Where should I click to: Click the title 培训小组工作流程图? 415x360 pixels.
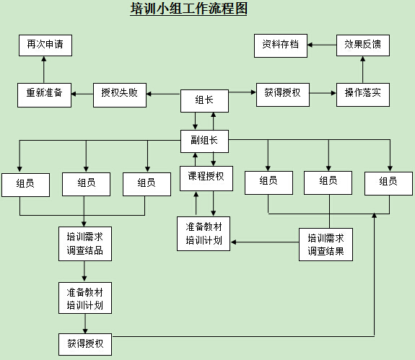pyautogui.click(x=188, y=9)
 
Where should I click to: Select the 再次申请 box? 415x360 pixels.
pyautogui.click(x=45, y=45)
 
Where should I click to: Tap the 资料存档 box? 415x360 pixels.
pyautogui.click(x=281, y=45)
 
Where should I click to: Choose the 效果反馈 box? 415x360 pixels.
pyautogui.click(x=363, y=45)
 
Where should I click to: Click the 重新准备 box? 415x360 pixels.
pyautogui.click(x=44, y=95)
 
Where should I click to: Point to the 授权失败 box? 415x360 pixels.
pyautogui.click(x=120, y=95)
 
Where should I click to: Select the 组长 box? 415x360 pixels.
pyautogui.click(x=204, y=101)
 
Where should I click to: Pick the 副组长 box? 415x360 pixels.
pyautogui.click(x=204, y=141)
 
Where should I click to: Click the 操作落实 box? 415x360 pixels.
pyautogui.click(x=363, y=95)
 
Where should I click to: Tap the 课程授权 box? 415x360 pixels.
pyautogui.click(x=206, y=178)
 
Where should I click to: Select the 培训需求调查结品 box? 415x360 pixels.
pyautogui.click(x=85, y=244)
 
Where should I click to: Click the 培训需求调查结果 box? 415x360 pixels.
pyautogui.click(x=326, y=245)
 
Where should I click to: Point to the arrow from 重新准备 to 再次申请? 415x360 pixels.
pyautogui.click(x=44, y=69)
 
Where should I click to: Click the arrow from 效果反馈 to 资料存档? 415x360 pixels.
pyautogui.click(x=322, y=45)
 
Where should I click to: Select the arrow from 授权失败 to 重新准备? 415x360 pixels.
pyautogui.click(x=82, y=94)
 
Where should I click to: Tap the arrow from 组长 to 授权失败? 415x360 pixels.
pyautogui.click(x=164, y=94)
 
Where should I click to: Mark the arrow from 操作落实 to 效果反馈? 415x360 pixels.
pyautogui.click(x=362, y=69)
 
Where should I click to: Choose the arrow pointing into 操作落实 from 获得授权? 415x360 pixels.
pyautogui.click(x=323, y=93)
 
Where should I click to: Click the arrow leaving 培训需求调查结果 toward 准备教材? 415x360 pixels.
pyautogui.click(x=265, y=242)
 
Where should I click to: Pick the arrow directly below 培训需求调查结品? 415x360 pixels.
pyautogui.click(x=84, y=271)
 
